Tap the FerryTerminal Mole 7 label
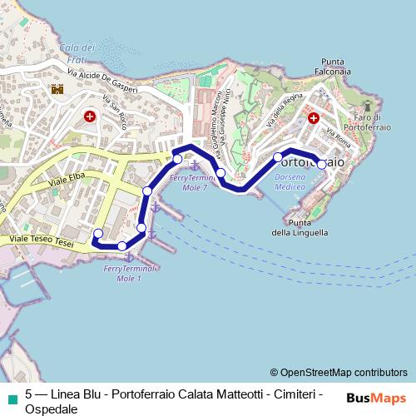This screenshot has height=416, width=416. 194,183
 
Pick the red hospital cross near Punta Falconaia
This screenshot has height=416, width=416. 314,119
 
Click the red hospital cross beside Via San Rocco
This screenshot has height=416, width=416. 90,117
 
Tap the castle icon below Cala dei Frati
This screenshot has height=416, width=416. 57,90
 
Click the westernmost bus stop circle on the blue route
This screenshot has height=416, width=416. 98,233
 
